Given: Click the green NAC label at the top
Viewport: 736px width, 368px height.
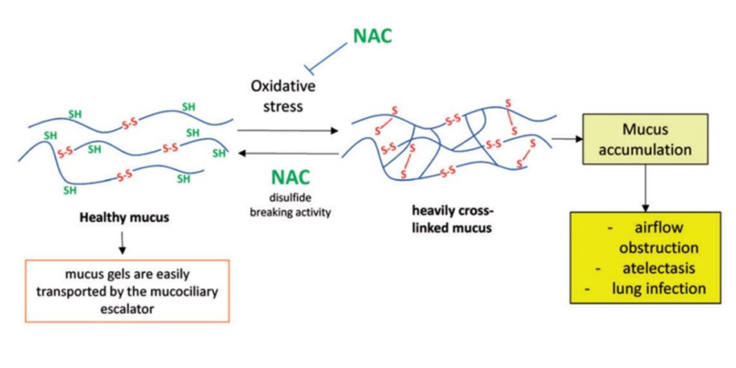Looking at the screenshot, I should click(372, 36).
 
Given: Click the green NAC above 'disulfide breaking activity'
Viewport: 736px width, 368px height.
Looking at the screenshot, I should click(290, 175).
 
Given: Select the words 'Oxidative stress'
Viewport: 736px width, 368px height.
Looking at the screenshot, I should click(277, 96).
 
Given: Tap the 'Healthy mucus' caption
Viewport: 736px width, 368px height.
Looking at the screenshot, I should click(124, 216).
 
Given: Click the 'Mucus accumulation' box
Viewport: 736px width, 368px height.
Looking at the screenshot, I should click(647, 140).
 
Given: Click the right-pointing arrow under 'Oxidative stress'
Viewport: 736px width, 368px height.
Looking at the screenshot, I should click(287, 131).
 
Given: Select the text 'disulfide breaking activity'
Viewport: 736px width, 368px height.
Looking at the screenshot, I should click(290, 206).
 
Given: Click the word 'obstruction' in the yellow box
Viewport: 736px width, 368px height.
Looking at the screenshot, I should click(658, 248).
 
